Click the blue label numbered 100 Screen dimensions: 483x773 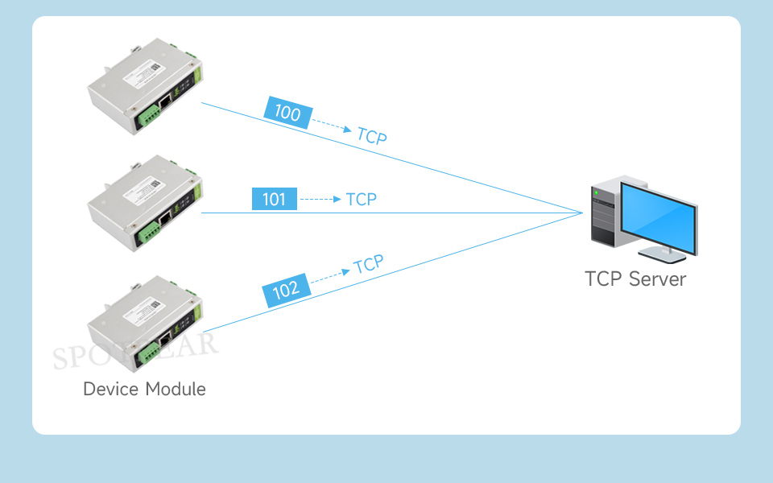(287, 113)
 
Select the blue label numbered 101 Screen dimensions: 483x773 (274, 199)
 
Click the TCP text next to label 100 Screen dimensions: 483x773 (371, 135)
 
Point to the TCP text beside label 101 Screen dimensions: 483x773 (361, 199)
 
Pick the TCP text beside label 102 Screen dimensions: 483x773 (369, 264)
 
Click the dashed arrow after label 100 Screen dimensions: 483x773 (331, 126)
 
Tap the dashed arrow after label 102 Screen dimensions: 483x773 (330, 275)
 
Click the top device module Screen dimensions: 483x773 (145, 88)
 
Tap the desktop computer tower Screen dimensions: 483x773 (605, 213)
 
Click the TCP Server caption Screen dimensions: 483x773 (635, 279)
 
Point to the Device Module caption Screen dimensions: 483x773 (144, 390)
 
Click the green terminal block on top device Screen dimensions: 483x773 (149, 116)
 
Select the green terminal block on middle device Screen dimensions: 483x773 (149, 231)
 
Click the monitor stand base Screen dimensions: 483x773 (668, 257)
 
